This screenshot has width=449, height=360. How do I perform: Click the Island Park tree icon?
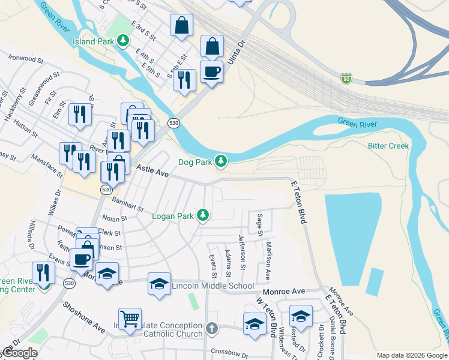tap(123, 41)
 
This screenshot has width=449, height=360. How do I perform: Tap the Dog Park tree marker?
tap(221, 161)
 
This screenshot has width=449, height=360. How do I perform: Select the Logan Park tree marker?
tap(203, 215)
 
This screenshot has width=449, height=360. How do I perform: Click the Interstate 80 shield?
tap(346, 78)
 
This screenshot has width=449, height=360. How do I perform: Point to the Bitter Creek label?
tap(388, 146)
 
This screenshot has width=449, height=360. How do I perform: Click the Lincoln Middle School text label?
tap(212, 286)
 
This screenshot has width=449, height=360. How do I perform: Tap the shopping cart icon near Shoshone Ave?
tap(130, 318)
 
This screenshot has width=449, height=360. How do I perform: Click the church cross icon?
tap(211, 328)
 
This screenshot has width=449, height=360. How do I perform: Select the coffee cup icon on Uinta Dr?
tap(211, 73)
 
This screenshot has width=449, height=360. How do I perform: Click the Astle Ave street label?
tap(152, 170)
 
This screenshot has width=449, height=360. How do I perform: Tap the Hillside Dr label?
tap(29, 235)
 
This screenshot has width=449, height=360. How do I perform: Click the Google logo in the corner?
tap(20, 353)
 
